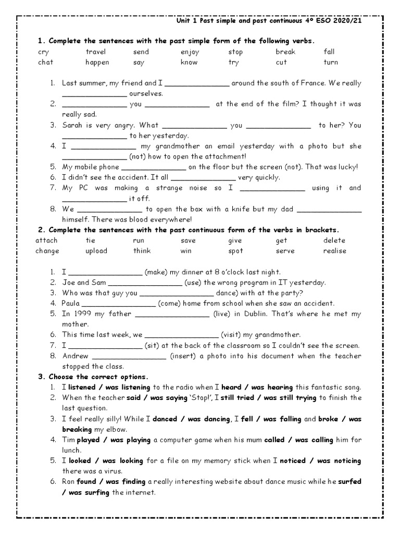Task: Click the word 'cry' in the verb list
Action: point(43,52)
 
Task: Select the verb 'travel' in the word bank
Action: point(95,52)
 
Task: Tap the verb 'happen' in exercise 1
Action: point(97,62)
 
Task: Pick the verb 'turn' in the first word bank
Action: point(331,62)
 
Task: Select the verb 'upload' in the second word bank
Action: point(96,251)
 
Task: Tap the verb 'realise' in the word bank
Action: point(334,251)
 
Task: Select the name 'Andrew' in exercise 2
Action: point(76,356)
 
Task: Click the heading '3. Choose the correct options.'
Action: point(94,377)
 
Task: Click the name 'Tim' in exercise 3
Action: point(68,440)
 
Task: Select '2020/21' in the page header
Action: point(347,22)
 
